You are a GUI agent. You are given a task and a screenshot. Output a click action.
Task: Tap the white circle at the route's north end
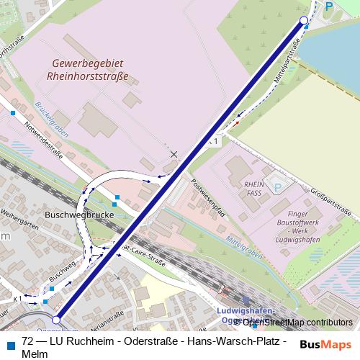point(304,21)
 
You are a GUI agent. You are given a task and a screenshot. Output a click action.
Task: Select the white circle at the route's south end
point(57,319)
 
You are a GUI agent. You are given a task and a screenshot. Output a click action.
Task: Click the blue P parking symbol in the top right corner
point(329,6)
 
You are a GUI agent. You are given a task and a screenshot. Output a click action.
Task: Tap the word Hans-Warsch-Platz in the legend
point(228,341)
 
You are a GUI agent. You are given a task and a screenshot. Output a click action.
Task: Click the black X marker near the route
point(174,154)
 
